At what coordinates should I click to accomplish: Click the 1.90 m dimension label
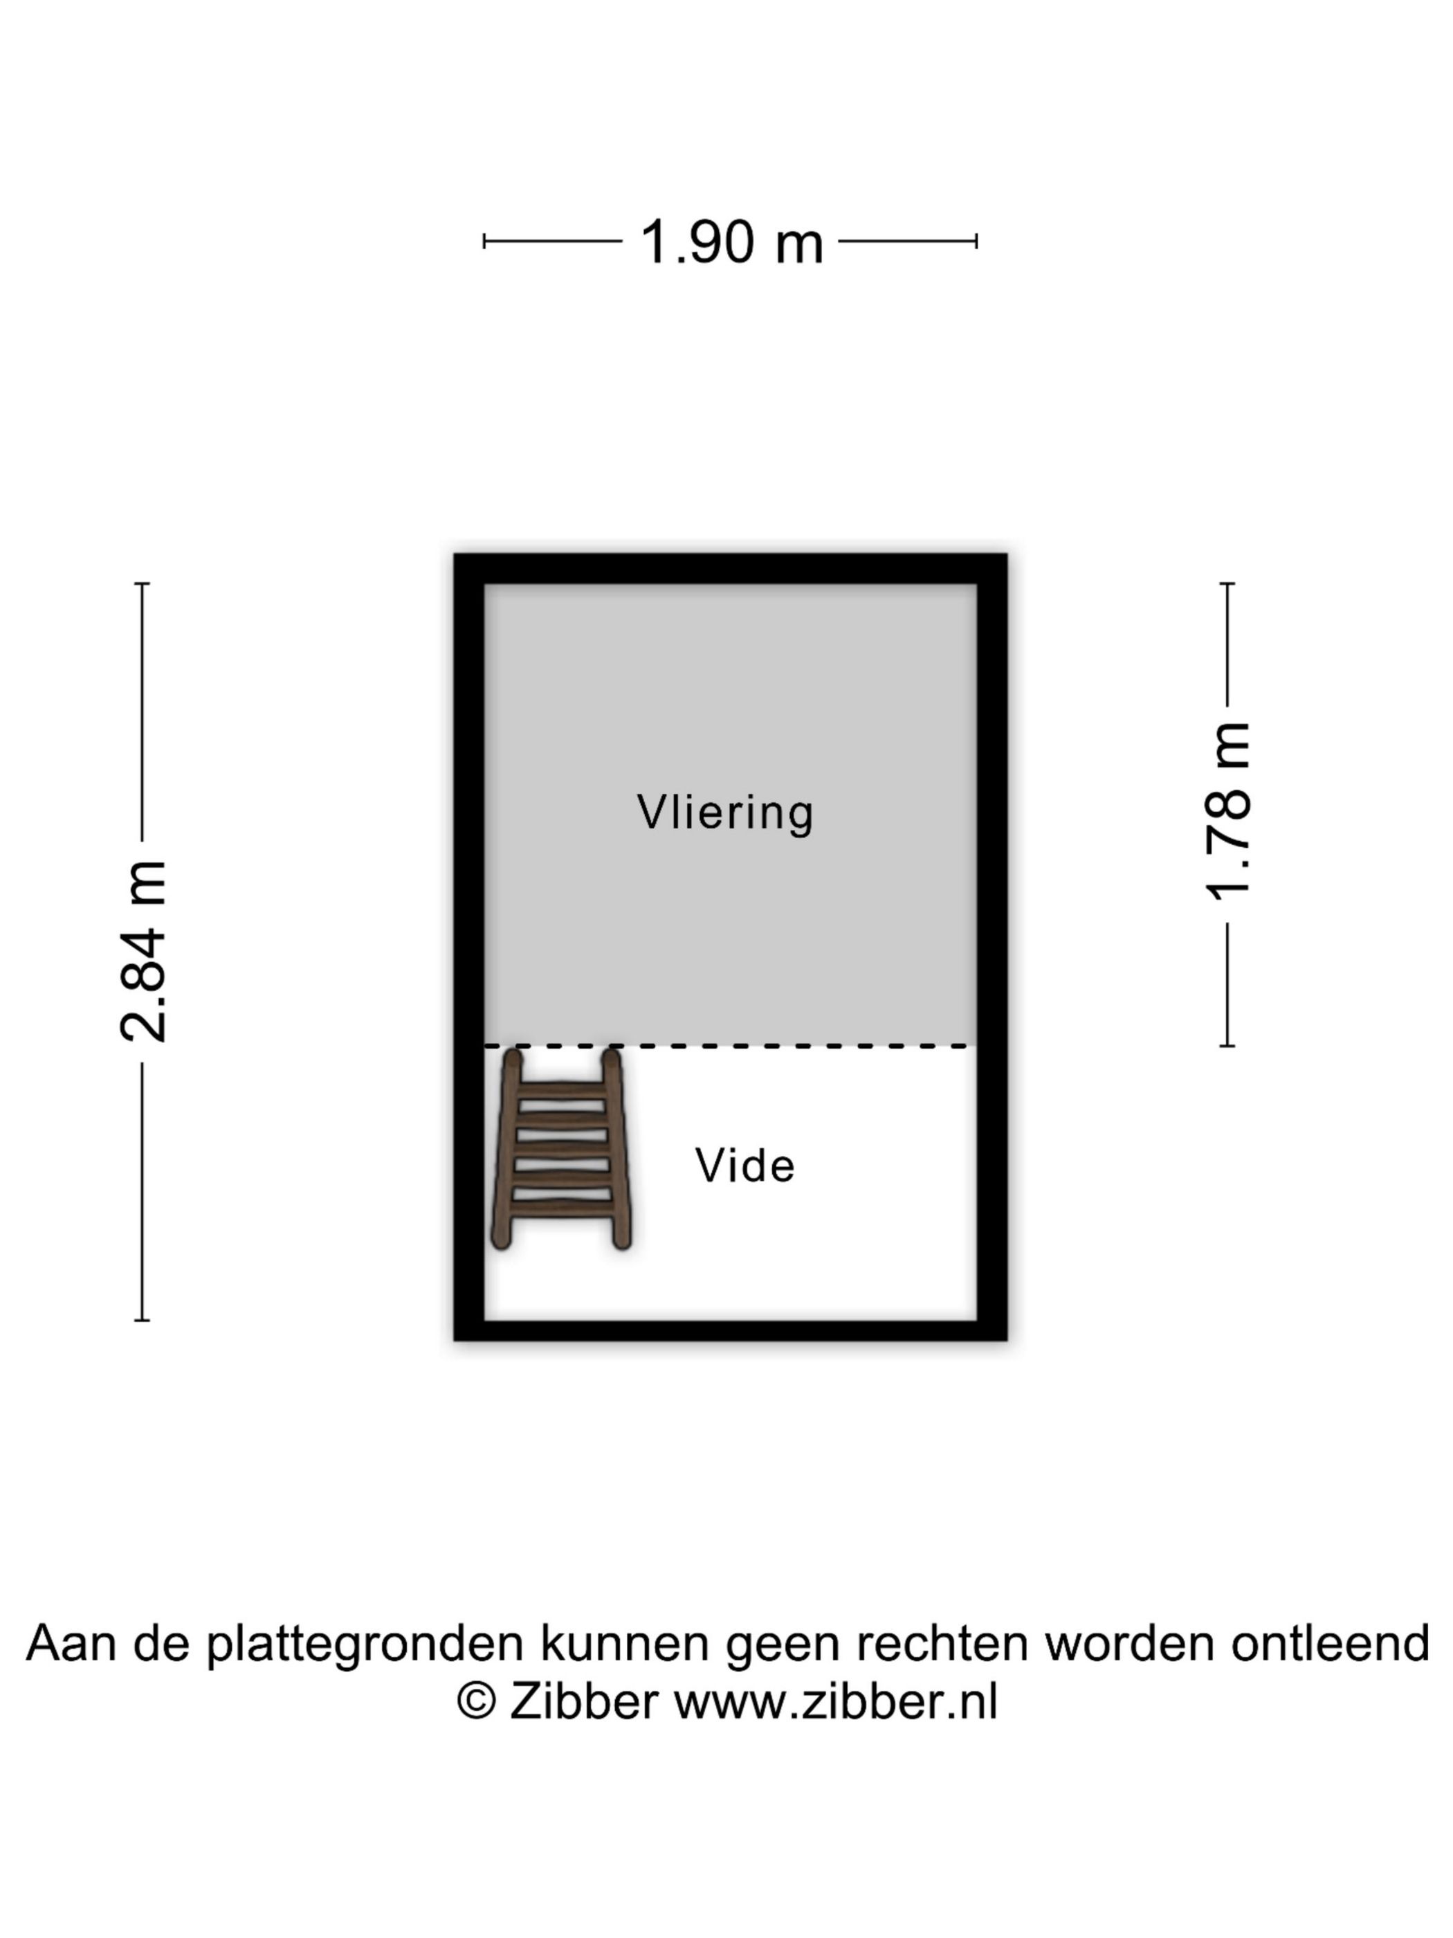tap(731, 241)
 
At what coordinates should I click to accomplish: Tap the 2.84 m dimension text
tap(143, 950)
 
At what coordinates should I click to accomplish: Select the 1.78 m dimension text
tap(1227, 811)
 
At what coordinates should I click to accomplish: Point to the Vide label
tap(745, 1166)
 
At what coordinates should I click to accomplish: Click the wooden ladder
tap(560, 1148)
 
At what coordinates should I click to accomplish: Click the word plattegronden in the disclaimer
tap(365, 1644)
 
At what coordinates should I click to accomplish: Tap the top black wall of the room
tap(731, 569)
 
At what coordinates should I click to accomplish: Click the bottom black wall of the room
tap(731, 1330)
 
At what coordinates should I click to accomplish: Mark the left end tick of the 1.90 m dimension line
tap(484, 241)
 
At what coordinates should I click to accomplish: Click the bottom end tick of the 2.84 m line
tap(142, 1319)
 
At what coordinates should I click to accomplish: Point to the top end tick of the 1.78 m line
tap(1227, 583)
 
